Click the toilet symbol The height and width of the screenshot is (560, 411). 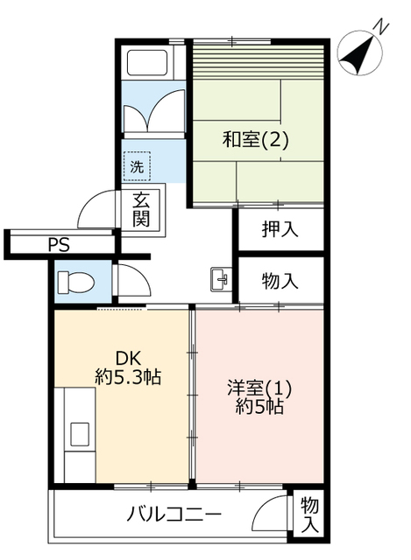coord(76,283)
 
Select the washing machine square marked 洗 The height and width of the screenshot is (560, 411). coord(137,166)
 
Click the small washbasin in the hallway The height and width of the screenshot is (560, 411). coord(220,279)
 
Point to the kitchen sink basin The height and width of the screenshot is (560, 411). coord(80,434)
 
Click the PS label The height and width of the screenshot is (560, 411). coord(59,245)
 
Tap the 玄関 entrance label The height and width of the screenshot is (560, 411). coord(141,209)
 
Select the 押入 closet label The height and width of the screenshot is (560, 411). coord(280,229)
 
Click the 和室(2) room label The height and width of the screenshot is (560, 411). coord(255,139)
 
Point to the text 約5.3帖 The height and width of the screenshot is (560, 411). coord(128,377)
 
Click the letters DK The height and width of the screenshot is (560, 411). coord(128,358)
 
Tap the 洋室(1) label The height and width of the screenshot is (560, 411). coord(259,388)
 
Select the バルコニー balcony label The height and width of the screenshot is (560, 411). coord(174,514)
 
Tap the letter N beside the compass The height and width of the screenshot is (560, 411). coord(381,27)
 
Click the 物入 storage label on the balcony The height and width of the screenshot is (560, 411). coord(309,515)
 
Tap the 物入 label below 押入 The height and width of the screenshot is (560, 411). coord(280,281)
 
